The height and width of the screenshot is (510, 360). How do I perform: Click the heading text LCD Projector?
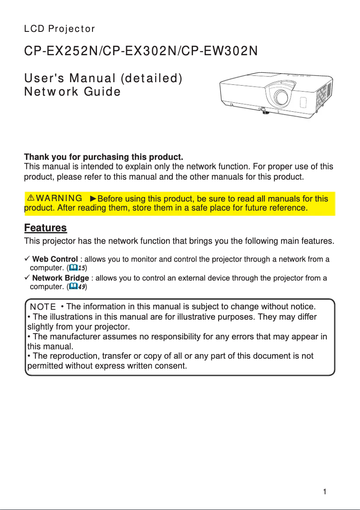click(59, 29)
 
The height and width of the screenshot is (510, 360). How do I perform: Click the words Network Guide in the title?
click(72, 92)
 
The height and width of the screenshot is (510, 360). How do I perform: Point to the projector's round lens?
click(281, 97)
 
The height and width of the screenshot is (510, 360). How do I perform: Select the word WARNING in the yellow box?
click(59, 198)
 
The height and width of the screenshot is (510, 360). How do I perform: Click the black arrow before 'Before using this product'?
click(93, 198)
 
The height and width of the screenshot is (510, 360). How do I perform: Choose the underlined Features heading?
click(45, 228)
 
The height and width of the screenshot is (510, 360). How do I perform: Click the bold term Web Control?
click(55, 259)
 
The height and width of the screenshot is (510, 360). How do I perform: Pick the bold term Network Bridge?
click(61, 278)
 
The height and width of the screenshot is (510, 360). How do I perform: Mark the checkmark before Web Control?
click(27, 259)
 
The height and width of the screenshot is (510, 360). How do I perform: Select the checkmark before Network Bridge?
click(27, 278)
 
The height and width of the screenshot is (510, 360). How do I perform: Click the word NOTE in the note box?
click(43, 307)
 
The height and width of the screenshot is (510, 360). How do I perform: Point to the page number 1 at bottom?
click(324, 492)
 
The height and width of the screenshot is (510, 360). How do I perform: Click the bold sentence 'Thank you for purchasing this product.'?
click(104, 158)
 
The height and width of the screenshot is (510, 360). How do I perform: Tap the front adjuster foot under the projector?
click(263, 110)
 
